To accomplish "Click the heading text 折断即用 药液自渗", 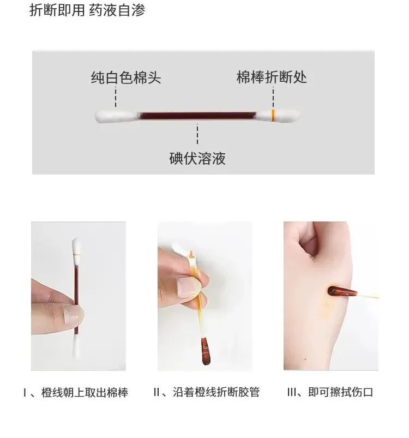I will tap(87, 10).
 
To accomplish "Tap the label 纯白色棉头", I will tap(126, 78).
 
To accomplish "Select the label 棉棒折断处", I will tap(272, 77).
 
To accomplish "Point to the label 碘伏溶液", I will tap(197, 159).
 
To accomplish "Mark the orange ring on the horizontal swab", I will tap(273, 115).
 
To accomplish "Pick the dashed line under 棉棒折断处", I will tap(273, 97).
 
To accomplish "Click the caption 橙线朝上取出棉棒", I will tap(85, 392).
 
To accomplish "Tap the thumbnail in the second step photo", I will tap(188, 287).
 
